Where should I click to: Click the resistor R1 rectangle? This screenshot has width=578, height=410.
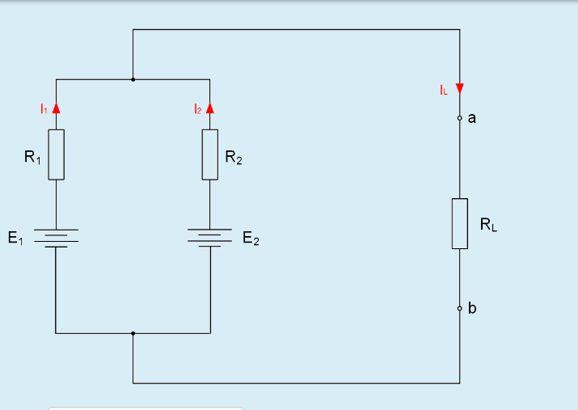[56, 154]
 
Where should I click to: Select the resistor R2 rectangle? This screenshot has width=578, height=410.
[210, 154]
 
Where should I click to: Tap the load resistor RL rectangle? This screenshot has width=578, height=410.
[460, 223]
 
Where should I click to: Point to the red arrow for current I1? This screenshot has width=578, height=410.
[56, 108]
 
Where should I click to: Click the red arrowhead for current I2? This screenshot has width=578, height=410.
[210, 108]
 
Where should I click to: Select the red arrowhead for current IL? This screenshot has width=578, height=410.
[460, 89]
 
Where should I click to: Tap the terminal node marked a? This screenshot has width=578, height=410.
[460, 119]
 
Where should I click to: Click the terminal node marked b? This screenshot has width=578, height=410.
[460, 308]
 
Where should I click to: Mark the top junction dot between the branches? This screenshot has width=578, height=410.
[133, 80]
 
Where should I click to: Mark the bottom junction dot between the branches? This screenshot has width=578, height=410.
[133, 332]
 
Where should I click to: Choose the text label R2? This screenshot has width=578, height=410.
[233, 159]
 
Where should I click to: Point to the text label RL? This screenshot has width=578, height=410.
[488, 226]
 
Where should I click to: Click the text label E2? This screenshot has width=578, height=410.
[251, 240]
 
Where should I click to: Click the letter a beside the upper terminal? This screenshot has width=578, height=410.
[472, 118]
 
